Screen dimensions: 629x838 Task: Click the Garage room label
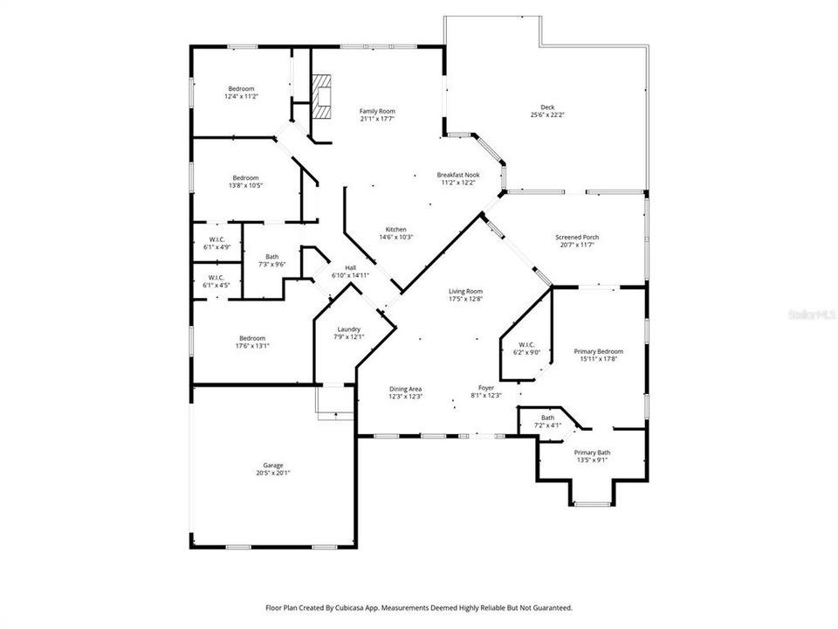[272, 466]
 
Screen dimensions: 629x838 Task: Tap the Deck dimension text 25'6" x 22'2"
[547, 115]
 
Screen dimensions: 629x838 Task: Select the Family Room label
[377, 111]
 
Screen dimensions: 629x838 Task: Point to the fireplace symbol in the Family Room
[324, 96]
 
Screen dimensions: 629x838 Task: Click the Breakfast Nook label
[458, 175]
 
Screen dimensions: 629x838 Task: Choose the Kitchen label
[395, 229]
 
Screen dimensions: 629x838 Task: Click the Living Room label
[466, 292]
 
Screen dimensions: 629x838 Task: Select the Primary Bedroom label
[598, 351]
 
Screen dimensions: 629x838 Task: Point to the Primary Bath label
[592, 452]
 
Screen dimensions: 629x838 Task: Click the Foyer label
[486, 387]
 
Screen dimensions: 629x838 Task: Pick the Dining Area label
[405, 389]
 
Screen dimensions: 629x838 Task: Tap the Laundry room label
[348, 329]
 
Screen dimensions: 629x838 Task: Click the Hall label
[350, 267]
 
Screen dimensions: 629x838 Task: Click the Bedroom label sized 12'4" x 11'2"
[241, 88]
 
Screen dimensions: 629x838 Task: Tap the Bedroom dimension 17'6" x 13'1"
[253, 345]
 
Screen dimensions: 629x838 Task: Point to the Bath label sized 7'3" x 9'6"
[273, 256]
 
